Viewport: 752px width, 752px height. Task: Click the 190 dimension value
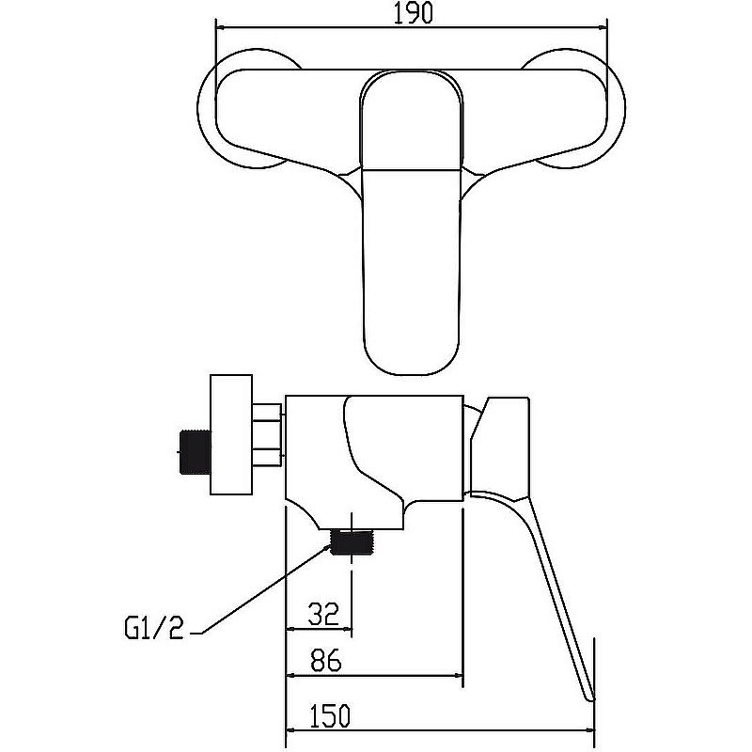pos(413,13)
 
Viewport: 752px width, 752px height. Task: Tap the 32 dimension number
pos(323,614)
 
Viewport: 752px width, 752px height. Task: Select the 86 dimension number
pos(325,661)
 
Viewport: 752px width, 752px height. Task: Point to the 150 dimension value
pos(330,715)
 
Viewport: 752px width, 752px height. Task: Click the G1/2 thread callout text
pos(154,628)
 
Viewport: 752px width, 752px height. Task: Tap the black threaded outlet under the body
pos(352,542)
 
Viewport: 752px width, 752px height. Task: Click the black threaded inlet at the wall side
pos(196,452)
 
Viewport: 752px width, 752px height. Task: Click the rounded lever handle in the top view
pos(412,223)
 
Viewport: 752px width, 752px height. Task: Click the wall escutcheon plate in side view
pos(231,434)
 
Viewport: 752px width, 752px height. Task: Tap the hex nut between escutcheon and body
pos(267,435)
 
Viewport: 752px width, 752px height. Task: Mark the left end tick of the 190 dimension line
pos(216,27)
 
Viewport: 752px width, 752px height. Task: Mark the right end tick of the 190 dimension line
pos(606,27)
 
